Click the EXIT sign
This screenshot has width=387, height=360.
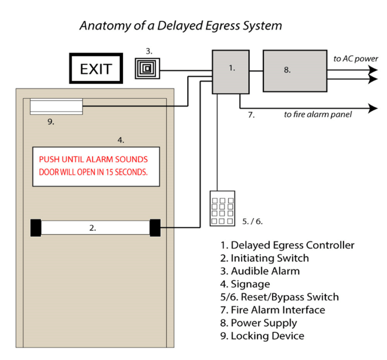(96, 69)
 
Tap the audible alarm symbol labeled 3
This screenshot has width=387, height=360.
(147, 68)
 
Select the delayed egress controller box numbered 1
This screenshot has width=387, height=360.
(231, 72)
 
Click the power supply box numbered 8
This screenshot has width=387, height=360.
(295, 71)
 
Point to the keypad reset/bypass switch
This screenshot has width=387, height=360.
(222, 209)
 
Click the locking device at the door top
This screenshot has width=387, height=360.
(56, 106)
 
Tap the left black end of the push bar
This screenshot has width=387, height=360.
(36, 228)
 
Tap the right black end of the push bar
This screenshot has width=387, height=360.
(155, 228)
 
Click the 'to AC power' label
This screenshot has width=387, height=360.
(355, 59)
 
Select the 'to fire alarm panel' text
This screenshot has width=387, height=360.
(317, 114)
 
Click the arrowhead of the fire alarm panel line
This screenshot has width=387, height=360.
(373, 108)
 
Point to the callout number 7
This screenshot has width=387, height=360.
(251, 115)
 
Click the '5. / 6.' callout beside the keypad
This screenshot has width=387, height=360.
(252, 221)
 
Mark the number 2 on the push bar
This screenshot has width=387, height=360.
(93, 228)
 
